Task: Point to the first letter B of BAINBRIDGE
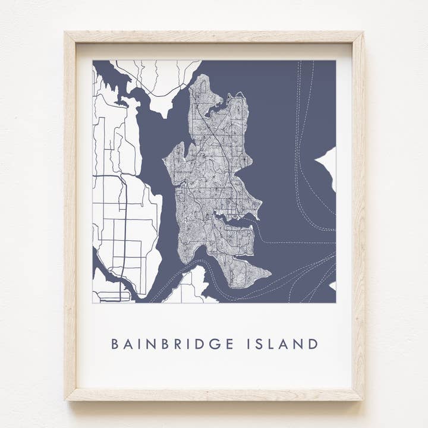click(x=115, y=344)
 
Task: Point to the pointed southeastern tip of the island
click(x=270, y=275)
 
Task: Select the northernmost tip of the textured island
click(x=203, y=75)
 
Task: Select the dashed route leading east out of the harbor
click(x=291, y=243)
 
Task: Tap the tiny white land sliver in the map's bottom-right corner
click(x=333, y=286)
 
